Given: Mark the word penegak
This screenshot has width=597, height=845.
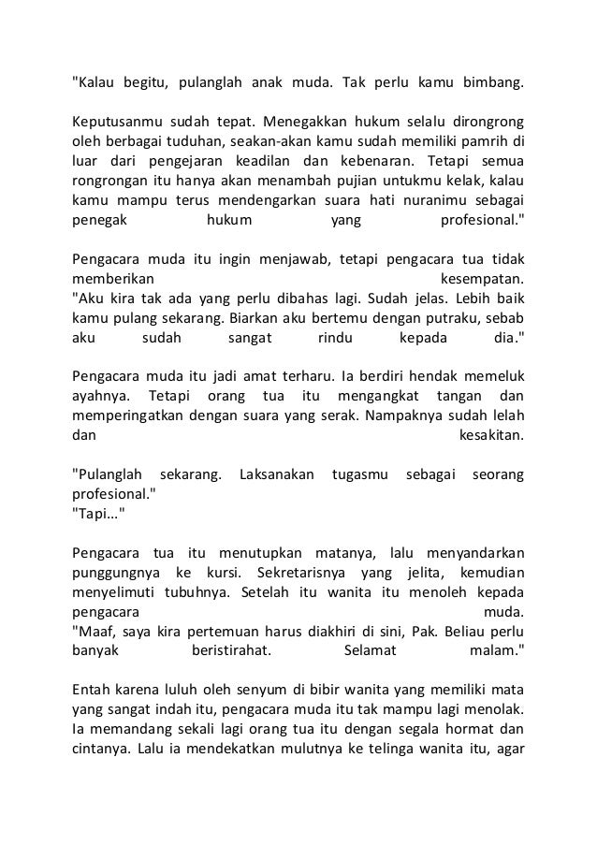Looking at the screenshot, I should tap(99, 224).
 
